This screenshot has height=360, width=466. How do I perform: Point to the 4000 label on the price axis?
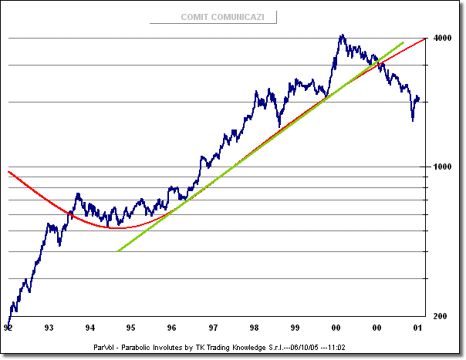coord(442,39)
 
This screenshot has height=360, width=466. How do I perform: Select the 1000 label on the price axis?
coord(442,167)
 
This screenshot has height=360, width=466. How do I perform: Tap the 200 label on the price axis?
coord(440,317)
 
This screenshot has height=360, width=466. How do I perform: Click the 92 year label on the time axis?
coord(8,327)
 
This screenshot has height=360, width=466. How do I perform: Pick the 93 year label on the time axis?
coord(49,327)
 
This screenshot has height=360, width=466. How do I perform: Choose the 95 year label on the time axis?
coord(131,327)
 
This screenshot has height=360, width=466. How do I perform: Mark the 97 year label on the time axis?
coord(213,327)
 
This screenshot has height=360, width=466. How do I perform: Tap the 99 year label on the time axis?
coord(295,327)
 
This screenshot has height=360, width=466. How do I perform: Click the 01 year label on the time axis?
coord(417,327)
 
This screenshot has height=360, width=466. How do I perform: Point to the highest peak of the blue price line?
coord(342,35)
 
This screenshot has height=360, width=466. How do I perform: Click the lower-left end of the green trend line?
coord(117,251)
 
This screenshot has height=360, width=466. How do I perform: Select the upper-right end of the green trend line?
coord(404,42)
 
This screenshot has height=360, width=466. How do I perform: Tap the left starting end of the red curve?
coord(8,171)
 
